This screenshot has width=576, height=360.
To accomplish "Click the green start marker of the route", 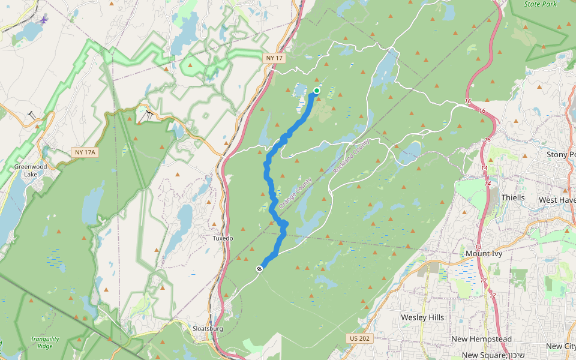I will pyautogui.click(x=316, y=91).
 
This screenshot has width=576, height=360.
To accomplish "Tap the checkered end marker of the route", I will pyautogui.click(x=259, y=269).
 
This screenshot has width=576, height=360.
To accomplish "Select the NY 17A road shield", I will pyautogui.click(x=85, y=152).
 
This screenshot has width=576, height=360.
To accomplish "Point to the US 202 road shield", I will pyautogui.click(x=358, y=338).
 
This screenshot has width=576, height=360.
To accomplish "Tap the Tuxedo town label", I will pyautogui.click(x=223, y=238).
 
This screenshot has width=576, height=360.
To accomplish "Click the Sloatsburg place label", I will pyautogui.click(x=208, y=329).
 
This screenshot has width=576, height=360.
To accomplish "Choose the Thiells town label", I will pyautogui.click(x=513, y=197).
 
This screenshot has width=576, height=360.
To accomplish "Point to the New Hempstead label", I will pyautogui.click(x=481, y=339).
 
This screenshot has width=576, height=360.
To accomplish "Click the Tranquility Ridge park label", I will pyautogui.click(x=45, y=343).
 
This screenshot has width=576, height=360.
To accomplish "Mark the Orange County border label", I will pyautogui.click(x=296, y=193).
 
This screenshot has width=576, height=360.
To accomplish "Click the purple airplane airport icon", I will pyautogui.click(x=44, y=19).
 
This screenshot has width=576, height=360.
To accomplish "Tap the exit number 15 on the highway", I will pyautogui.click(x=487, y=140).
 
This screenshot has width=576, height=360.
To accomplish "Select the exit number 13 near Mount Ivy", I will pyautogui.click(x=478, y=247).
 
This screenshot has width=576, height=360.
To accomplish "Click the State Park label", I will pyautogui.click(x=540, y=4).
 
